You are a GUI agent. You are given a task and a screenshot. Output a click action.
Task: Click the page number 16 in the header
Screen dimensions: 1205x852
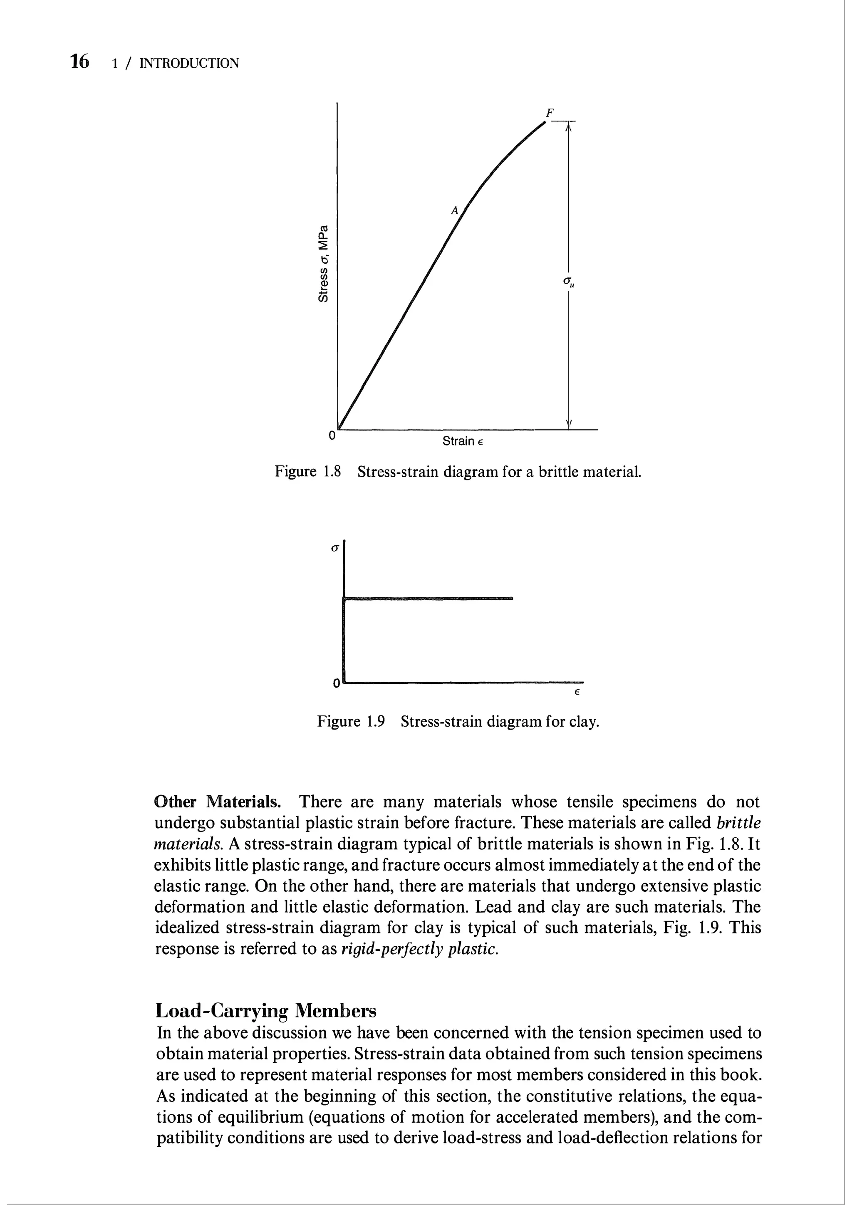click(x=80, y=62)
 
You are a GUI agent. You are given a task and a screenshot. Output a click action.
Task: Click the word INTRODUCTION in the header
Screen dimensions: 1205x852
click(x=190, y=64)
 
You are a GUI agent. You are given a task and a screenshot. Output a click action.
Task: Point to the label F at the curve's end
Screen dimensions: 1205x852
click(x=550, y=112)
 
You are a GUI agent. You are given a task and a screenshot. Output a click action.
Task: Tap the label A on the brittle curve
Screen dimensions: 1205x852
click(x=455, y=211)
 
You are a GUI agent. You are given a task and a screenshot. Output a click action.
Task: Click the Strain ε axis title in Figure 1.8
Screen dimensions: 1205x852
click(x=462, y=441)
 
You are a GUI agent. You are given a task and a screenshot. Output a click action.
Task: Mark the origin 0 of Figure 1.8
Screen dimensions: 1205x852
click(x=331, y=435)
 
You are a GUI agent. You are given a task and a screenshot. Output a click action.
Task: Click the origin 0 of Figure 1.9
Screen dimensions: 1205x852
click(x=336, y=684)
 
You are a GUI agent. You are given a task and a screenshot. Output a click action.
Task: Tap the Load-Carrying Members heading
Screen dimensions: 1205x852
click(x=267, y=1010)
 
